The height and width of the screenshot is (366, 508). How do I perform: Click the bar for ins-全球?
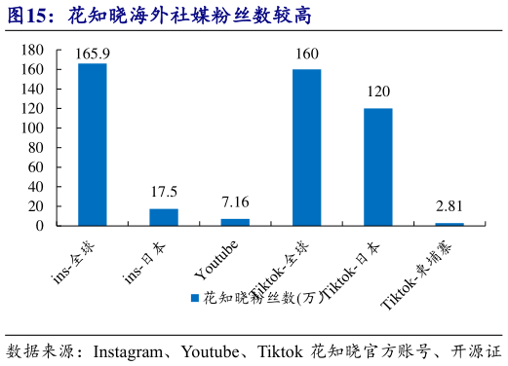93,144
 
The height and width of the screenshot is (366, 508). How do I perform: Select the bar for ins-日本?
164,217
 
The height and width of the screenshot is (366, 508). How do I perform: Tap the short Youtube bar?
235,222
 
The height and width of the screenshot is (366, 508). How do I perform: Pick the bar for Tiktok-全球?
306,147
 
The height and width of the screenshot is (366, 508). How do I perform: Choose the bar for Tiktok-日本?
378,166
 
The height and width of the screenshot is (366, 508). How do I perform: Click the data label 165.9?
93,54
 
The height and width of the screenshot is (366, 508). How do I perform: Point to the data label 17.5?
164,192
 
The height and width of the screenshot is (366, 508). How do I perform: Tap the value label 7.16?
235,202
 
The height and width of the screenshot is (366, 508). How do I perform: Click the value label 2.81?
449,205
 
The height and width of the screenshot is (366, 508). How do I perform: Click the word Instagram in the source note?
135,350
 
